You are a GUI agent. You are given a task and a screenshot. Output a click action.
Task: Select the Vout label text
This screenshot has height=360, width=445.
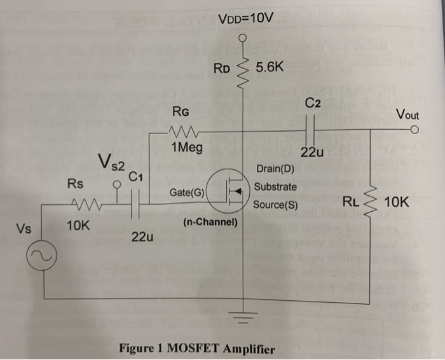click(407, 115)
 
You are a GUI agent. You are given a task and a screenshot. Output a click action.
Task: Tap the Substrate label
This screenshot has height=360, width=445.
click(275, 187)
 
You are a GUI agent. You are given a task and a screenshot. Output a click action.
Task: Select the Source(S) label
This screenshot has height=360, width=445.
click(275, 205)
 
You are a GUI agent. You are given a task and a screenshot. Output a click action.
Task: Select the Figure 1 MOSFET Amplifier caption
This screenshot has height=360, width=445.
click(196, 349)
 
